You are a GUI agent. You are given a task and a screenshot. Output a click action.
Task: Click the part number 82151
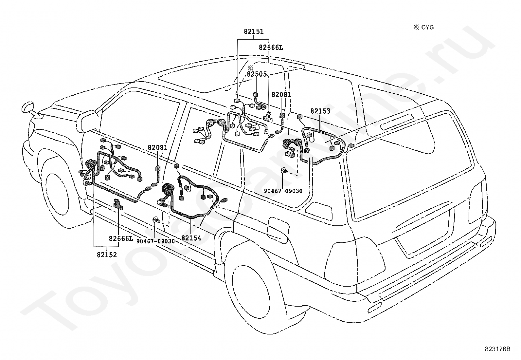[254, 31]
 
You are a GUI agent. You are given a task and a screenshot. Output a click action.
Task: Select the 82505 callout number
[257, 74]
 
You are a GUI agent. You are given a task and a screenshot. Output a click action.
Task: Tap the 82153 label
[320, 111]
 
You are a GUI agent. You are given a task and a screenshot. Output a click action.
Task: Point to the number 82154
[191, 238]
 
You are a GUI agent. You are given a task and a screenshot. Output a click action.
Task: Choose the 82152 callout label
[107, 255]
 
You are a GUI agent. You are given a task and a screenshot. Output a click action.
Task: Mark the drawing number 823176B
[498, 349]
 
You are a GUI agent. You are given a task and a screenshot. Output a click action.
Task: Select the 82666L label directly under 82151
[271, 47]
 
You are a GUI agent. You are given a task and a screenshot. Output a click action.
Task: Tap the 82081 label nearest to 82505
[281, 95]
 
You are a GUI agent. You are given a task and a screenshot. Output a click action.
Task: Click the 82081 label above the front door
[158, 147]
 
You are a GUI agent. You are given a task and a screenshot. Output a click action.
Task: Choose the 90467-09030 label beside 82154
[155, 241]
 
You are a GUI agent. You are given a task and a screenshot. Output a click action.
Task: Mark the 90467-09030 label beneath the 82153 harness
[283, 191]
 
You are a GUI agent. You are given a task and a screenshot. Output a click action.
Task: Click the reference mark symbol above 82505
[250, 68]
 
